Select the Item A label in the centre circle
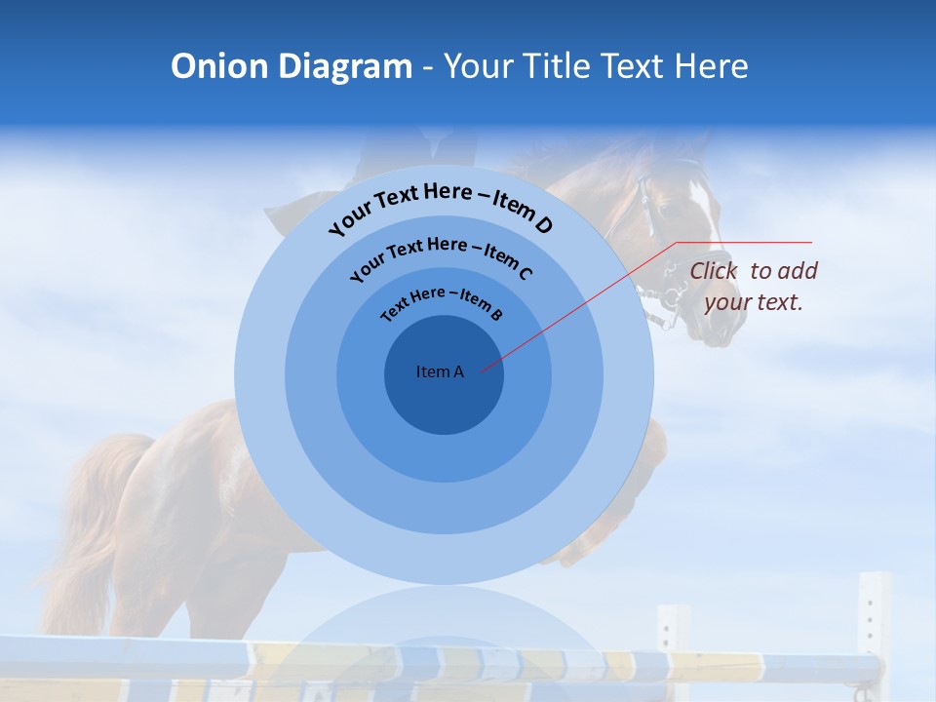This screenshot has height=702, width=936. click(x=440, y=371)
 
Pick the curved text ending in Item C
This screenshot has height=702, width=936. click(x=441, y=255)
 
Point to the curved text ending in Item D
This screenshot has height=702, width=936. click(x=441, y=208)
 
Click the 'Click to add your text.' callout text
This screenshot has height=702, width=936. click(x=754, y=287)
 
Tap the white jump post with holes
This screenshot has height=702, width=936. click(x=873, y=624)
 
